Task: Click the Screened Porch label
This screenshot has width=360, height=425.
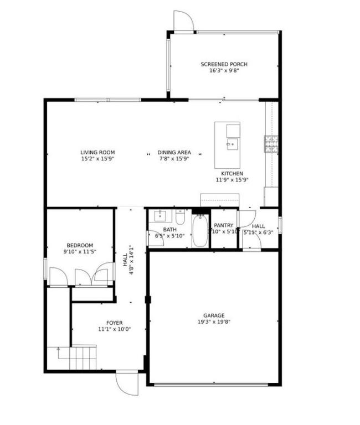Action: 224,64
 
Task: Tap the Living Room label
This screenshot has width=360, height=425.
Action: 97,152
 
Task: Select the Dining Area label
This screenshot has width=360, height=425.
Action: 174,152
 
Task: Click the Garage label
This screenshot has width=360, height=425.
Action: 213,315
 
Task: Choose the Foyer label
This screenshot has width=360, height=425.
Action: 114,323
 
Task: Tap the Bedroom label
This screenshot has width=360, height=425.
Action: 80,245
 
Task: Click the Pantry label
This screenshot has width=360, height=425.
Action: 224,225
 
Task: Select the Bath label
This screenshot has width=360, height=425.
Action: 169,230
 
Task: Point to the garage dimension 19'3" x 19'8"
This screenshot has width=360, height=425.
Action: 213,322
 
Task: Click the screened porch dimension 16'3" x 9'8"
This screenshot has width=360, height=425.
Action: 224,71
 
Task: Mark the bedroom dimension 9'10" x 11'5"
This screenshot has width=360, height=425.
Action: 80,252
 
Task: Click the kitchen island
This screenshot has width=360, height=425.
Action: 228,145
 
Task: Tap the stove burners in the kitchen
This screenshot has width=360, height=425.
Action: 271,143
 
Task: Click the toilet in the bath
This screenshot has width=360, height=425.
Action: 181,215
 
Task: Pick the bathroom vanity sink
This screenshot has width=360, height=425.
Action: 159,215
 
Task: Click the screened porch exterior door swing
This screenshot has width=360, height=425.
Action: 183,21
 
